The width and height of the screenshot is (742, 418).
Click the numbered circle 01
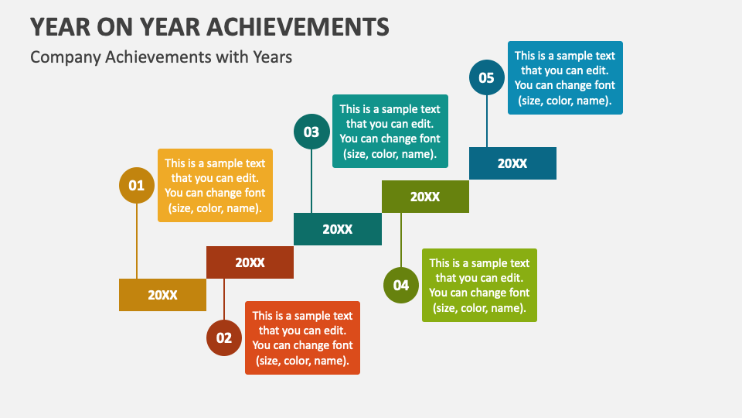pyautogui.click(x=137, y=185)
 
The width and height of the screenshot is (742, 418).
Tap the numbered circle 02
pyautogui.click(x=224, y=338)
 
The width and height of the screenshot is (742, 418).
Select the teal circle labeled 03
pyautogui.click(x=311, y=132)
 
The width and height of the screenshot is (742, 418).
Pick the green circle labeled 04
pyautogui.click(x=401, y=286)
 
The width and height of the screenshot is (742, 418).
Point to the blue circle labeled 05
pyautogui.click(x=487, y=77)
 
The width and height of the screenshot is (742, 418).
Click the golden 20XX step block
pyautogui.click(x=162, y=295)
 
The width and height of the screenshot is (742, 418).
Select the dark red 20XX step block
pyautogui.click(x=250, y=262)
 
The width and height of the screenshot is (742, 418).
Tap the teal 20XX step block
pyautogui.click(x=338, y=229)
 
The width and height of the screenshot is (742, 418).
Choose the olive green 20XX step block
pyautogui.click(x=425, y=196)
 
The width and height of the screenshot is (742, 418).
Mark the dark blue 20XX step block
pyautogui.click(x=512, y=163)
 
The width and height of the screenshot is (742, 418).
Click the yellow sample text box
pyautogui.click(x=215, y=185)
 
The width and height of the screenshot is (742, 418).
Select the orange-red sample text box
pyautogui.click(x=302, y=338)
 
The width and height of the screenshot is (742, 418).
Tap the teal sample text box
pyautogui.click(x=390, y=132)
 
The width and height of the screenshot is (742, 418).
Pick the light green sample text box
pyautogui.click(x=479, y=286)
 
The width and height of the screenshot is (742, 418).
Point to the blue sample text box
pyautogui.click(x=565, y=77)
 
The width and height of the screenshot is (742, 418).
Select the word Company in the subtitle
pyautogui.click(x=66, y=57)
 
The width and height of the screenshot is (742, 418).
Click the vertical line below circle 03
pyautogui.click(x=311, y=181)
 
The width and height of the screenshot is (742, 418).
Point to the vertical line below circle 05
pyautogui.click(x=487, y=122)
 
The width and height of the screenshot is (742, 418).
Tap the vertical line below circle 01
pyautogui.click(x=137, y=241)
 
